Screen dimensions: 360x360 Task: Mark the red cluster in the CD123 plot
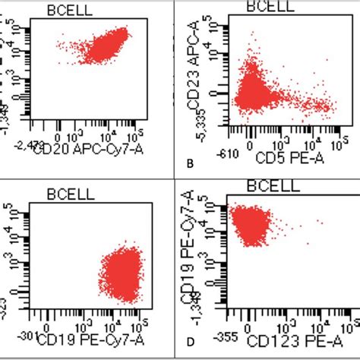pyautogui.click(x=250, y=225)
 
